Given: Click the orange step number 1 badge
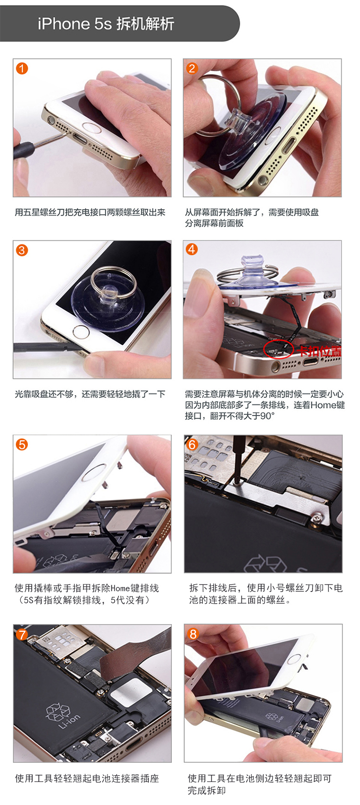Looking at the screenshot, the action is (22, 68).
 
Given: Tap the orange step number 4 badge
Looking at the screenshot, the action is (192, 249).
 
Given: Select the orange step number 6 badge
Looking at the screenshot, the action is (192, 445).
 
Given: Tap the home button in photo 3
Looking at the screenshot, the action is (81, 331).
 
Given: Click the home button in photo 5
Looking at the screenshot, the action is (94, 473).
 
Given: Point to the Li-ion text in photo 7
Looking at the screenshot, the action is (70, 721).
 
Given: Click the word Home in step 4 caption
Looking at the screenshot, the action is (324, 405).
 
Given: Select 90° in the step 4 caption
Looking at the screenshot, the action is (267, 416).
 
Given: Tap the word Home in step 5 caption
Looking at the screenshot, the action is (120, 588).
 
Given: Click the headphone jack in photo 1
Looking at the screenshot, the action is (51, 119).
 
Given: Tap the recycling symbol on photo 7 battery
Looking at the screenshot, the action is (58, 710).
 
